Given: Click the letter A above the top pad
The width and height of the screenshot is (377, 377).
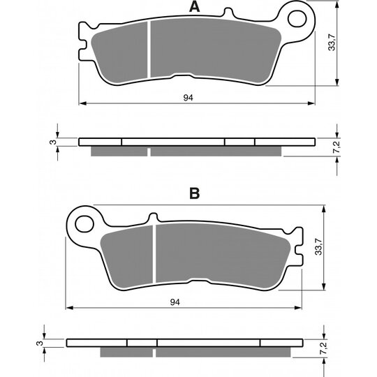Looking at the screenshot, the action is (x=194, y=7).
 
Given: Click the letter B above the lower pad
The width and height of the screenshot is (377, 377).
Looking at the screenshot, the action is (x=194, y=193).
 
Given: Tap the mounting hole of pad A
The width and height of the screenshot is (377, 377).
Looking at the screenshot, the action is (x=297, y=19).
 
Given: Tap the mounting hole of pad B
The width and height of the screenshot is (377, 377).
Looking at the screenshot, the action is (x=84, y=224).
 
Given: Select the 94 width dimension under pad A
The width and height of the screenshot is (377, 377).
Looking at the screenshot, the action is (x=188, y=98).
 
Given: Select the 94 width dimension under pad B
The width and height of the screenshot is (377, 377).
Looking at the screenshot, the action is (x=175, y=302).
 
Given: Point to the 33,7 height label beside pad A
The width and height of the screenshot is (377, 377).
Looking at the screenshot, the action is (x=332, y=43).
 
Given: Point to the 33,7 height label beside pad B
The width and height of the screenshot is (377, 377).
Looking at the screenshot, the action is (x=318, y=246).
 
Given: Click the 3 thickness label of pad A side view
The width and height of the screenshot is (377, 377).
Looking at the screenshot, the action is (x=52, y=142).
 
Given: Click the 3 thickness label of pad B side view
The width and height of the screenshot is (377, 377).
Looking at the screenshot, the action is (x=39, y=343).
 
